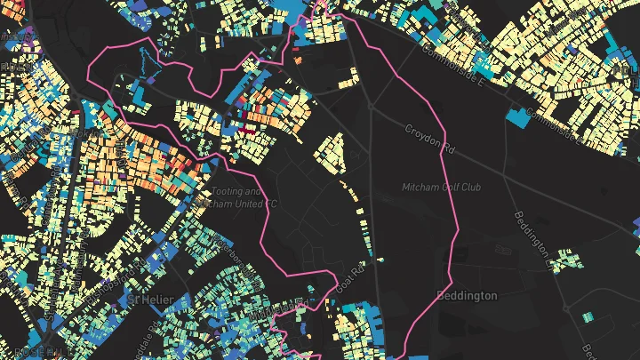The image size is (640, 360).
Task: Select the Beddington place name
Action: pos(468,295)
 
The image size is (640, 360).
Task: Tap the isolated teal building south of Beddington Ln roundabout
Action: pos(590,316)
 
